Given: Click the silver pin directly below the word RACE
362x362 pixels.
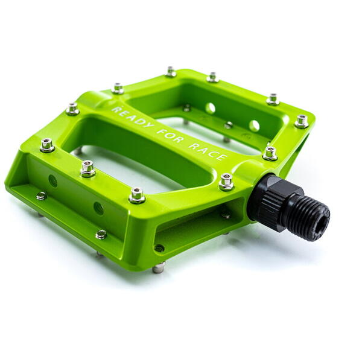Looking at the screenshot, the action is (x=226, y=182).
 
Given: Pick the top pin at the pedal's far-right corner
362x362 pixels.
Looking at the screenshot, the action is (x=302, y=121).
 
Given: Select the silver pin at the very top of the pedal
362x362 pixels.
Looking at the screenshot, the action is (x=171, y=72).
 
